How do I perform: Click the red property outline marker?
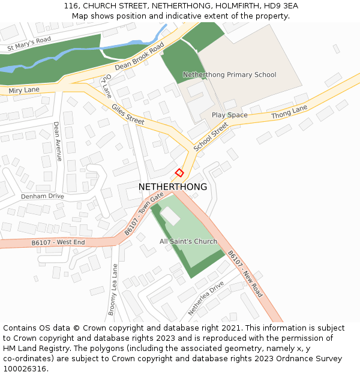click(179, 173)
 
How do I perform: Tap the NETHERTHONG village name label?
click(173, 187)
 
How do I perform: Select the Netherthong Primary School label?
click(229, 75)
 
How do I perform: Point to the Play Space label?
click(229, 115)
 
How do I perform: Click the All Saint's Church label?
click(188, 242)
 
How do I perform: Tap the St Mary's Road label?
click(29, 44)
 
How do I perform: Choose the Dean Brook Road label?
click(139, 57)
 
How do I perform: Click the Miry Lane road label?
click(24, 91)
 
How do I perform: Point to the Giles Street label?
click(128, 113)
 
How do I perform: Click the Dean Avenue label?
click(57, 142)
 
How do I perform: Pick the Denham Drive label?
click(42, 196)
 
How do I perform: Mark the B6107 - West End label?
click(58, 242)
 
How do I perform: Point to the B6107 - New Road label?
click(245, 274)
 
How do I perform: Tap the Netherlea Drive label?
click(205, 298)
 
